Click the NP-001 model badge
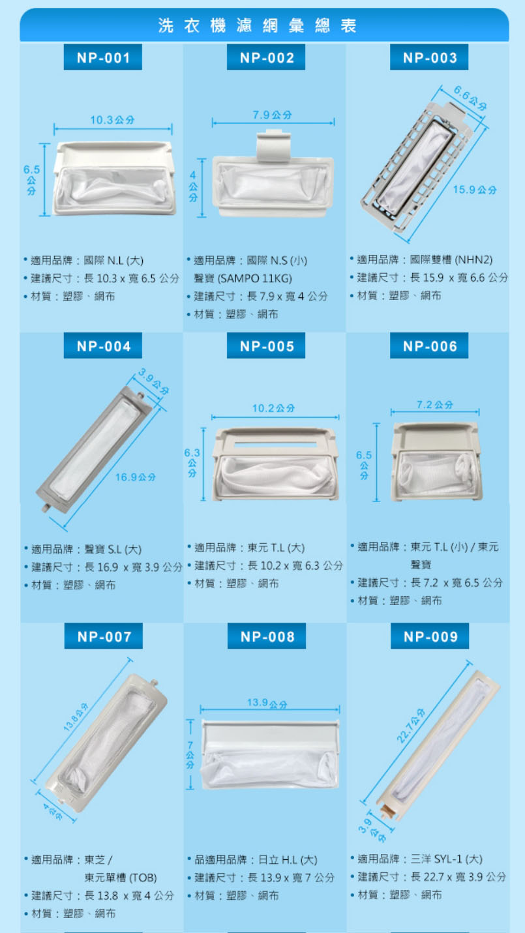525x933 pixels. (x=103, y=57)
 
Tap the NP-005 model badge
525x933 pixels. (x=266, y=346)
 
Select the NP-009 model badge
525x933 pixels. (x=430, y=636)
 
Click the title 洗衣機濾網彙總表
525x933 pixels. (x=257, y=25)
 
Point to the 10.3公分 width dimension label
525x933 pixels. (x=112, y=120)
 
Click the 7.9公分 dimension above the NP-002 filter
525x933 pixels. (x=273, y=115)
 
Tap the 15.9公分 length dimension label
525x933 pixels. (x=475, y=190)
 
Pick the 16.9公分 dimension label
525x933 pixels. (x=136, y=477)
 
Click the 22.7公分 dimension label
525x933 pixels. (x=411, y=726)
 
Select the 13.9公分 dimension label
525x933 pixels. (x=267, y=703)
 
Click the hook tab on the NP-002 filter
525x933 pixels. (x=273, y=145)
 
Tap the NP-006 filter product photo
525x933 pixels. (x=436, y=462)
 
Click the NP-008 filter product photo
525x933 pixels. (x=270, y=754)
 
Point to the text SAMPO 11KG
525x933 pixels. (x=254, y=278)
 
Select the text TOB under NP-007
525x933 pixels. (x=142, y=878)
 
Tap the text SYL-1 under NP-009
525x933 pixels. (x=448, y=859)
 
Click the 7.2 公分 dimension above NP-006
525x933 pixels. (x=434, y=404)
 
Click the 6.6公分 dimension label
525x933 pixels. (x=470, y=98)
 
